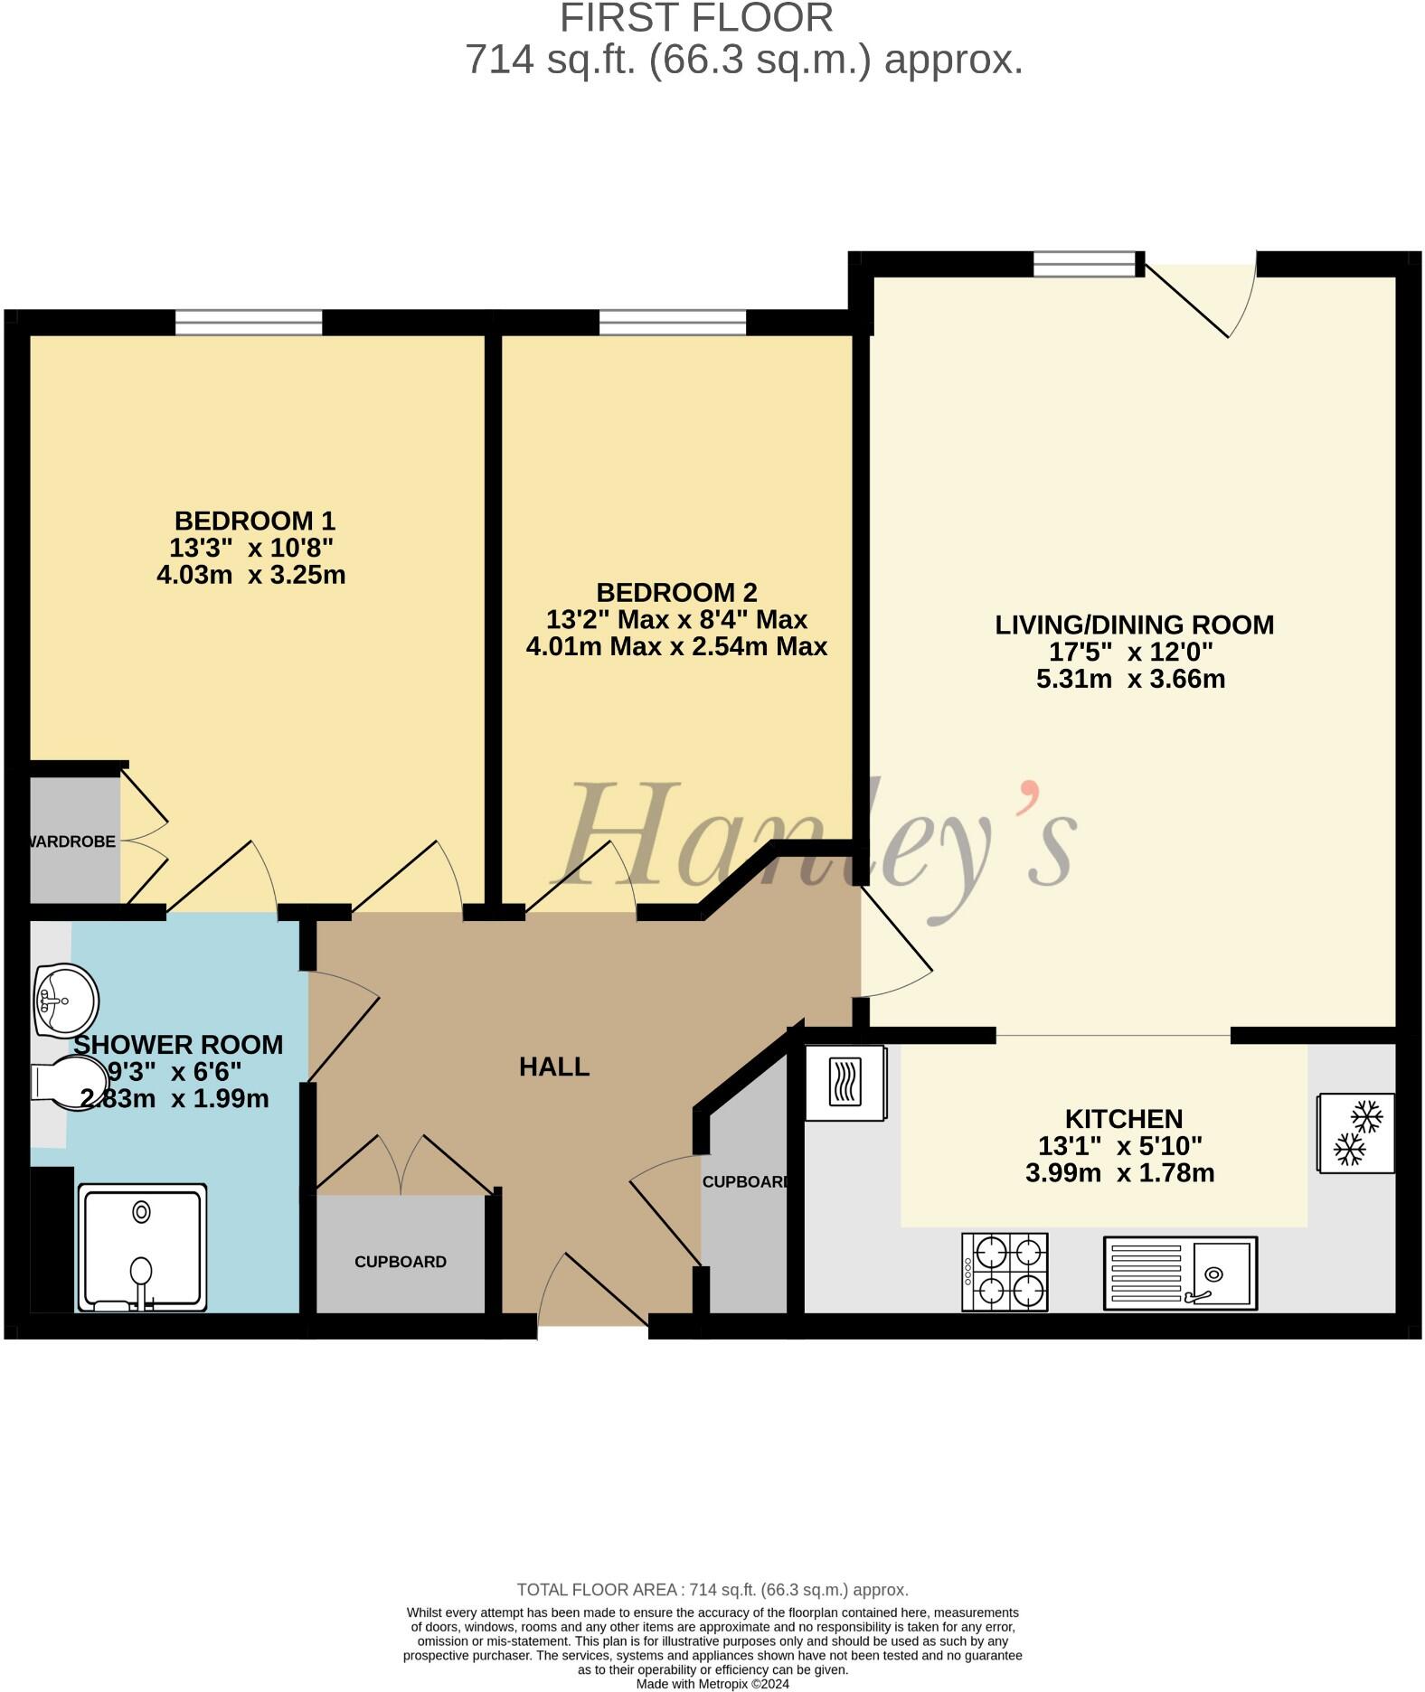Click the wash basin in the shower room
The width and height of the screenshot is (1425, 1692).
65,1001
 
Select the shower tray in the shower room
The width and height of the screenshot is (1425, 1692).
143,1247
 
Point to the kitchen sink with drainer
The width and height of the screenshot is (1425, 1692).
1179,1273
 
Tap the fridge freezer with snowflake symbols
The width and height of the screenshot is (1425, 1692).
1356,1133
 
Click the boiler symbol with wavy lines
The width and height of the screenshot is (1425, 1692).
845,1082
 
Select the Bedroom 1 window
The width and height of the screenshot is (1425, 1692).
249,322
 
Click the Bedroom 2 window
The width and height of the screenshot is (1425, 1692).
672,322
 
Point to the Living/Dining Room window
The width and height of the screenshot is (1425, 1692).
1084,263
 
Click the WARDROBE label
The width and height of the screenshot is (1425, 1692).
72,841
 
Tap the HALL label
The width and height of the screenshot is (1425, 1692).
554,1067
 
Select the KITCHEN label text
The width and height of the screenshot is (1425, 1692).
1124,1119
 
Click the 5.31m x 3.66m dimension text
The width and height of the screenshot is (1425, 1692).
1130,679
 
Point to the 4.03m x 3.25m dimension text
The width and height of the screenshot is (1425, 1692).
251,575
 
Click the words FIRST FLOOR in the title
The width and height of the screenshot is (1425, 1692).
696,18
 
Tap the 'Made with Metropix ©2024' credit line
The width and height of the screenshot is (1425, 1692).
712,1684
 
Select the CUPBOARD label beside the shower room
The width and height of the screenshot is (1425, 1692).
401,1262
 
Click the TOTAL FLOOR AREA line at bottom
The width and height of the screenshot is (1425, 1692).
712,1590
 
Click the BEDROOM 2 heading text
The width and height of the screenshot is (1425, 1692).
676,593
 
